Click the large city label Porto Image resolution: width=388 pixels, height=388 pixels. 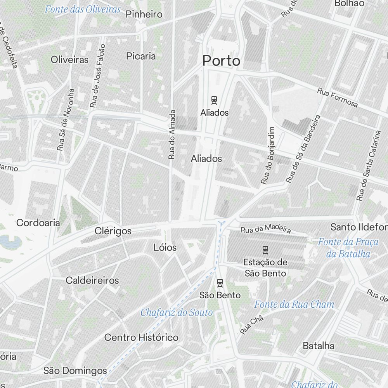[221, 61]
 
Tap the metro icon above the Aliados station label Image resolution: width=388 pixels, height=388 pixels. [214, 100]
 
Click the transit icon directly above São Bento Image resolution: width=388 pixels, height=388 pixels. [220, 283]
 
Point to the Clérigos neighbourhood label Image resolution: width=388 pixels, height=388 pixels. [113, 231]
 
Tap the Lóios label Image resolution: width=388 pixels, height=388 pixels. [165, 248]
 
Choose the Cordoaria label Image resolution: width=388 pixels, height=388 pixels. [38, 223]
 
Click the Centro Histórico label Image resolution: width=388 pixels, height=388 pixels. [141, 338]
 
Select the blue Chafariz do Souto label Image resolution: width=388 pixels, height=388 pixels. [177, 312]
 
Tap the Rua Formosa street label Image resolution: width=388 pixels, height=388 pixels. [337, 97]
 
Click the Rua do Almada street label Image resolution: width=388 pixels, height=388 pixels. [172, 134]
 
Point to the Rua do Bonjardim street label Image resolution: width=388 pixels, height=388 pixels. [268, 155]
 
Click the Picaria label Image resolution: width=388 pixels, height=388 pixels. [141, 56]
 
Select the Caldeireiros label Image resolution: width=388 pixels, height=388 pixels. [92, 280]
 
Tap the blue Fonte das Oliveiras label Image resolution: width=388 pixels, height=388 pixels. [83, 9]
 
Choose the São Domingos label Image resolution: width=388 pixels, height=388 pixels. [75, 371]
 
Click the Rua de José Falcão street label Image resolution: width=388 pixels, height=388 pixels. [98, 76]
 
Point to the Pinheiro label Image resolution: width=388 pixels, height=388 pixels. [144, 15]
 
